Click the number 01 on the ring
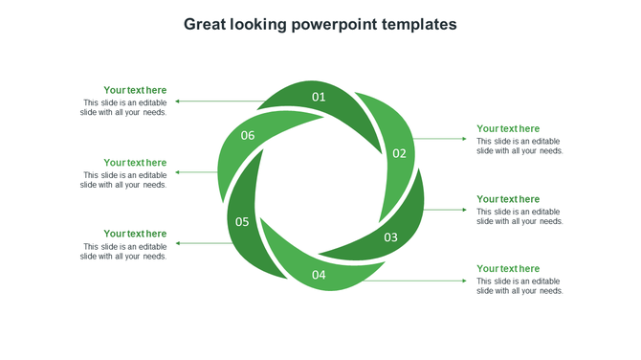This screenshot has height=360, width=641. (319, 97)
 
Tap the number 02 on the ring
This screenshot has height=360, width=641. (399, 153)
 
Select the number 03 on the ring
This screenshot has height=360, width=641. (390, 236)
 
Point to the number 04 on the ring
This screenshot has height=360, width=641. (319, 276)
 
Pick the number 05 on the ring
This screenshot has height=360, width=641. (242, 222)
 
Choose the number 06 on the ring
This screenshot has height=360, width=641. (248, 136)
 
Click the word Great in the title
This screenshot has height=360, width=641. (206, 24)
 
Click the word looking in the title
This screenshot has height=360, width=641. (262, 24)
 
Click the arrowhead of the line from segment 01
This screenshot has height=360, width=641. (178, 101)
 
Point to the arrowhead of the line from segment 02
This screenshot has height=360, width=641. (465, 139)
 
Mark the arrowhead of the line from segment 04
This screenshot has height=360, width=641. (465, 281)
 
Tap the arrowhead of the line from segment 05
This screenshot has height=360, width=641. (178, 243)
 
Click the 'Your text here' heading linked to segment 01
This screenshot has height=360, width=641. (135, 90)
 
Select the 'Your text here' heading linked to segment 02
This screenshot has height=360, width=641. (508, 128)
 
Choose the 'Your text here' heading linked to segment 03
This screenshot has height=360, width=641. (508, 199)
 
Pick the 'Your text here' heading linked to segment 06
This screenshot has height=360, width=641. (135, 163)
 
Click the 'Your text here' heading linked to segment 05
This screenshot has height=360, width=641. (135, 234)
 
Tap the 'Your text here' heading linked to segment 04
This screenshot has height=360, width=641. (508, 269)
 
